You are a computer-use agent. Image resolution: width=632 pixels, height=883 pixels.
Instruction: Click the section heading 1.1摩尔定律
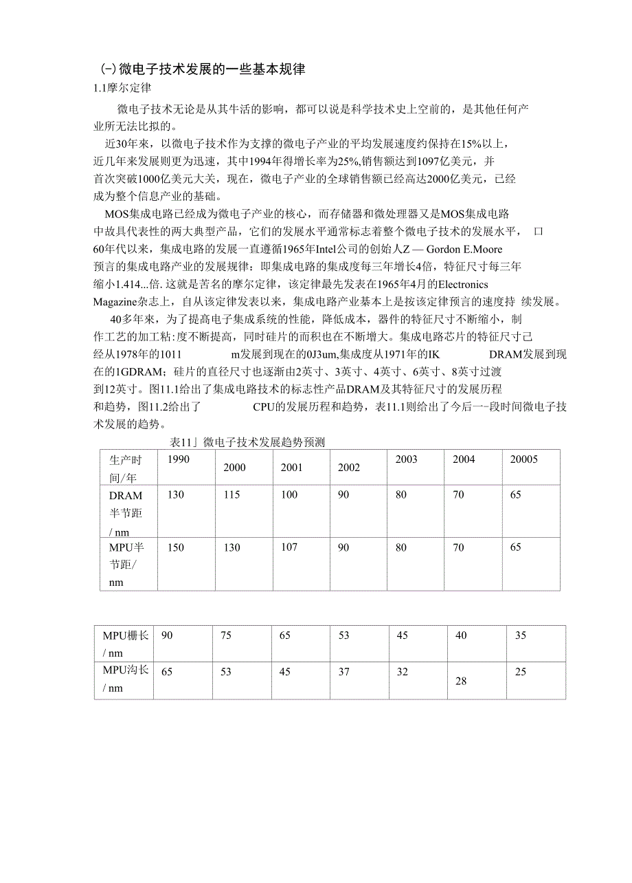pyautogui.click(x=122, y=88)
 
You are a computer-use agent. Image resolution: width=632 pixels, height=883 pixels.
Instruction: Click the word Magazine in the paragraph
pyautogui.click(x=117, y=302)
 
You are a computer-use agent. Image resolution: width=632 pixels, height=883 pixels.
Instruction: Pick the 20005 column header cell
pyautogui.click(x=523, y=459)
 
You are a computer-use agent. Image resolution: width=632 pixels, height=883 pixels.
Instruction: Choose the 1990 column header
pyautogui.click(x=179, y=459)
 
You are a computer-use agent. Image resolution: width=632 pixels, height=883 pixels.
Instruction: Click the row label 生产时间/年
pyautogui.click(x=125, y=468)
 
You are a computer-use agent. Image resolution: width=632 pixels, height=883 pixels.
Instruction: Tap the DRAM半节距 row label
pyautogui.click(x=126, y=513)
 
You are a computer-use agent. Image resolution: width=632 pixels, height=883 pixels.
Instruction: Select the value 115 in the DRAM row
pyautogui.click(x=232, y=495)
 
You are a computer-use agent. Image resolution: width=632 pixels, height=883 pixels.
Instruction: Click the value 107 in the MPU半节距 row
pyautogui.click(x=289, y=547)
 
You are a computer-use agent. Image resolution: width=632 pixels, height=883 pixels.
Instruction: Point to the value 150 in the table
pyautogui.click(x=176, y=547)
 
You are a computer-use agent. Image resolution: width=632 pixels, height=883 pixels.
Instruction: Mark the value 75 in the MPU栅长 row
pyautogui.click(x=226, y=636)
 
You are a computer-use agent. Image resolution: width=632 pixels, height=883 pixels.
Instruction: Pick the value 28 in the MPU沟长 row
pyautogui.click(x=461, y=681)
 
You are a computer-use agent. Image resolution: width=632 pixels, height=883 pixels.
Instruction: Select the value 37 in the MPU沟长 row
pyautogui.click(x=343, y=672)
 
